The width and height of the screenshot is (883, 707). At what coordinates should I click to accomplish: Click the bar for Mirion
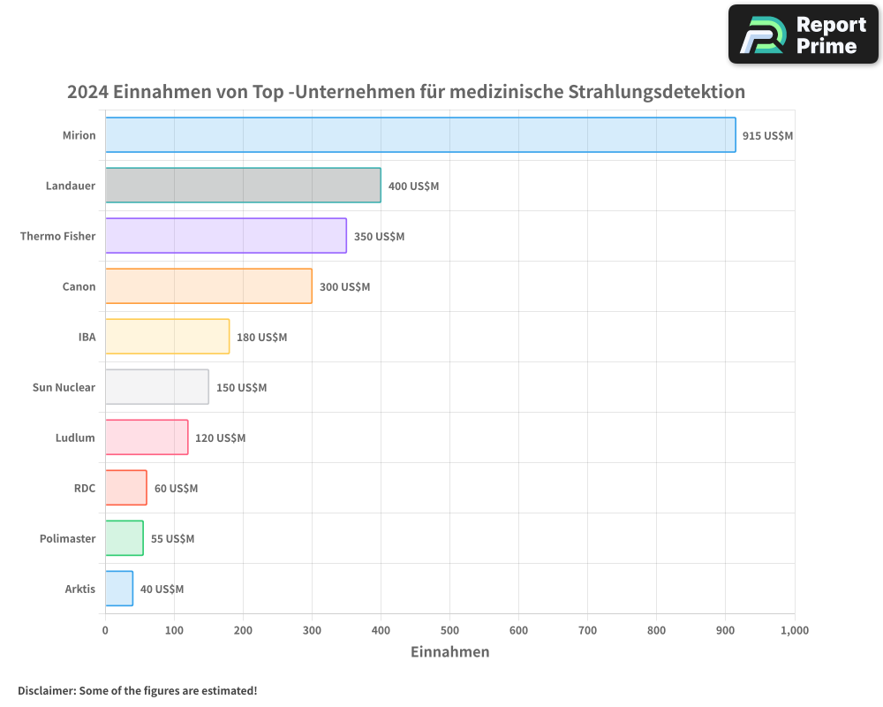(x=420, y=135)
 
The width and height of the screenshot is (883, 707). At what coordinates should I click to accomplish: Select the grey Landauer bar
(x=243, y=186)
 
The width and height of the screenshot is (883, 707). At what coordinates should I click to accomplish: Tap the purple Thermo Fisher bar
(x=226, y=236)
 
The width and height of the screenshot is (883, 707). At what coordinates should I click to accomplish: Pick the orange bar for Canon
(x=208, y=286)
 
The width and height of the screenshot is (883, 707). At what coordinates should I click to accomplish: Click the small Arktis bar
(x=119, y=589)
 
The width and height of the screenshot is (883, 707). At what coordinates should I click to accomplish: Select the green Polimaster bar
(x=125, y=538)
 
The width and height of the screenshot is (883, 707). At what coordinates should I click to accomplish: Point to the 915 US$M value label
(x=767, y=136)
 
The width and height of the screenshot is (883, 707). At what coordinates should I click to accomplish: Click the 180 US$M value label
(x=261, y=338)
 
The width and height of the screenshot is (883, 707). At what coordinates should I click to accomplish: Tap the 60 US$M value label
(x=176, y=489)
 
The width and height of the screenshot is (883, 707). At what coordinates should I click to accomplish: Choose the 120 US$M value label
(x=220, y=438)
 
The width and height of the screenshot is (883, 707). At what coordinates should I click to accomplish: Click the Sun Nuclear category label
(x=64, y=387)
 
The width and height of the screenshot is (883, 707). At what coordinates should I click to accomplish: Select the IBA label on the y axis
(x=87, y=337)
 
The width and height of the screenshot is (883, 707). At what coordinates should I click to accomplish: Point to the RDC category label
(x=85, y=488)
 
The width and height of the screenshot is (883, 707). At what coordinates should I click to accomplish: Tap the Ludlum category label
(x=75, y=437)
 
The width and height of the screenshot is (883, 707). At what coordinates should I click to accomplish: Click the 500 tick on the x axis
(x=449, y=630)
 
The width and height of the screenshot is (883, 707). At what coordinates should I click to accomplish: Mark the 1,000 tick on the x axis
(x=794, y=630)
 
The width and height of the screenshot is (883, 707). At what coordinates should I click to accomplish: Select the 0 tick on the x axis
(x=105, y=630)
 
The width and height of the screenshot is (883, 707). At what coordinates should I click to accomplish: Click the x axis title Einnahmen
(x=449, y=652)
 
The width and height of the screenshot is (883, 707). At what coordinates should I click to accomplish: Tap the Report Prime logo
(x=803, y=34)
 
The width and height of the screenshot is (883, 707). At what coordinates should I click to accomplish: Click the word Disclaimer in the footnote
(x=46, y=690)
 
